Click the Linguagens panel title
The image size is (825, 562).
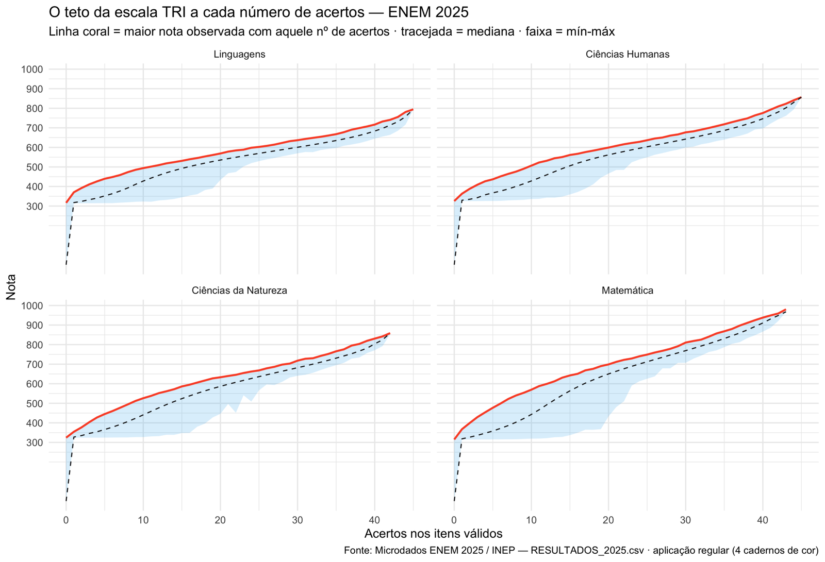(239, 55)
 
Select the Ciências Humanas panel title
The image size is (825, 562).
(628, 55)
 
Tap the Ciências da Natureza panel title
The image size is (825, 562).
(239, 291)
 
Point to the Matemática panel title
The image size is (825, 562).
(628, 291)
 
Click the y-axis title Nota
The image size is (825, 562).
(11, 287)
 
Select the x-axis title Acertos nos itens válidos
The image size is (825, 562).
(434, 533)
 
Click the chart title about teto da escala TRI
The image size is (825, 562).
(258, 12)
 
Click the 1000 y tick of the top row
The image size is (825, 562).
(32, 69)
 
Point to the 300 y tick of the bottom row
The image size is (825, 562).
(35, 443)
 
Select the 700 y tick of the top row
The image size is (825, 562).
(35, 128)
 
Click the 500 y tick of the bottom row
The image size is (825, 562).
(35, 404)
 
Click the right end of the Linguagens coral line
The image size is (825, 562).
(413, 109)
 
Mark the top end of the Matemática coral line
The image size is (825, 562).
(786, 310)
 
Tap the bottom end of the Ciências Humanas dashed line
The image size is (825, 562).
(454, 265)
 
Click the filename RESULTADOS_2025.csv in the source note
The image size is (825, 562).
(587, 551)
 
